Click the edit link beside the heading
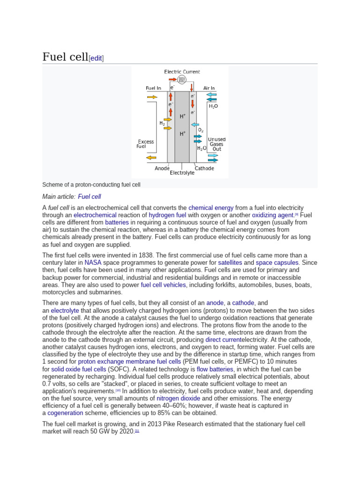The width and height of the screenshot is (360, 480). tap(96, 58)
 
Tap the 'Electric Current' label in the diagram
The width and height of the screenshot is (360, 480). tap(182, 72)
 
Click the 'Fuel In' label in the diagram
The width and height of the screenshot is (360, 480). tap(153, 88)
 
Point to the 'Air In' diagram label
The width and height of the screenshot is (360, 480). tap(209, 88)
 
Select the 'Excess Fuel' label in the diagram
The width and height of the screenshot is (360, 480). tap(145, 144)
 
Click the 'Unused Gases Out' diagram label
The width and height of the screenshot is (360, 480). tap(217, 144)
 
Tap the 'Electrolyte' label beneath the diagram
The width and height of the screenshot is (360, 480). tap(182, 173)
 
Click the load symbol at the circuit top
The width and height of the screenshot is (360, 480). tap(181, 80)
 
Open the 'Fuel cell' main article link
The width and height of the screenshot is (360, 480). tap(90, 196)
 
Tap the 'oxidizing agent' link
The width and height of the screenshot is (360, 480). tap(272, 215)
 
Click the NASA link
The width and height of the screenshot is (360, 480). tap(93, 262)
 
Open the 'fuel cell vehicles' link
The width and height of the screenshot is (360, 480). tap(164, 285)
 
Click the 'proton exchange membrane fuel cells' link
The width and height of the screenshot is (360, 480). tap(129, 362)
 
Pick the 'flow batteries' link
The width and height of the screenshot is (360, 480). tap(215, 369)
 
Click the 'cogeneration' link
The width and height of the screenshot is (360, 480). tap(65, 413)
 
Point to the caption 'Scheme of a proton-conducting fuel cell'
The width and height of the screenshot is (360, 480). tap(91, 185)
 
